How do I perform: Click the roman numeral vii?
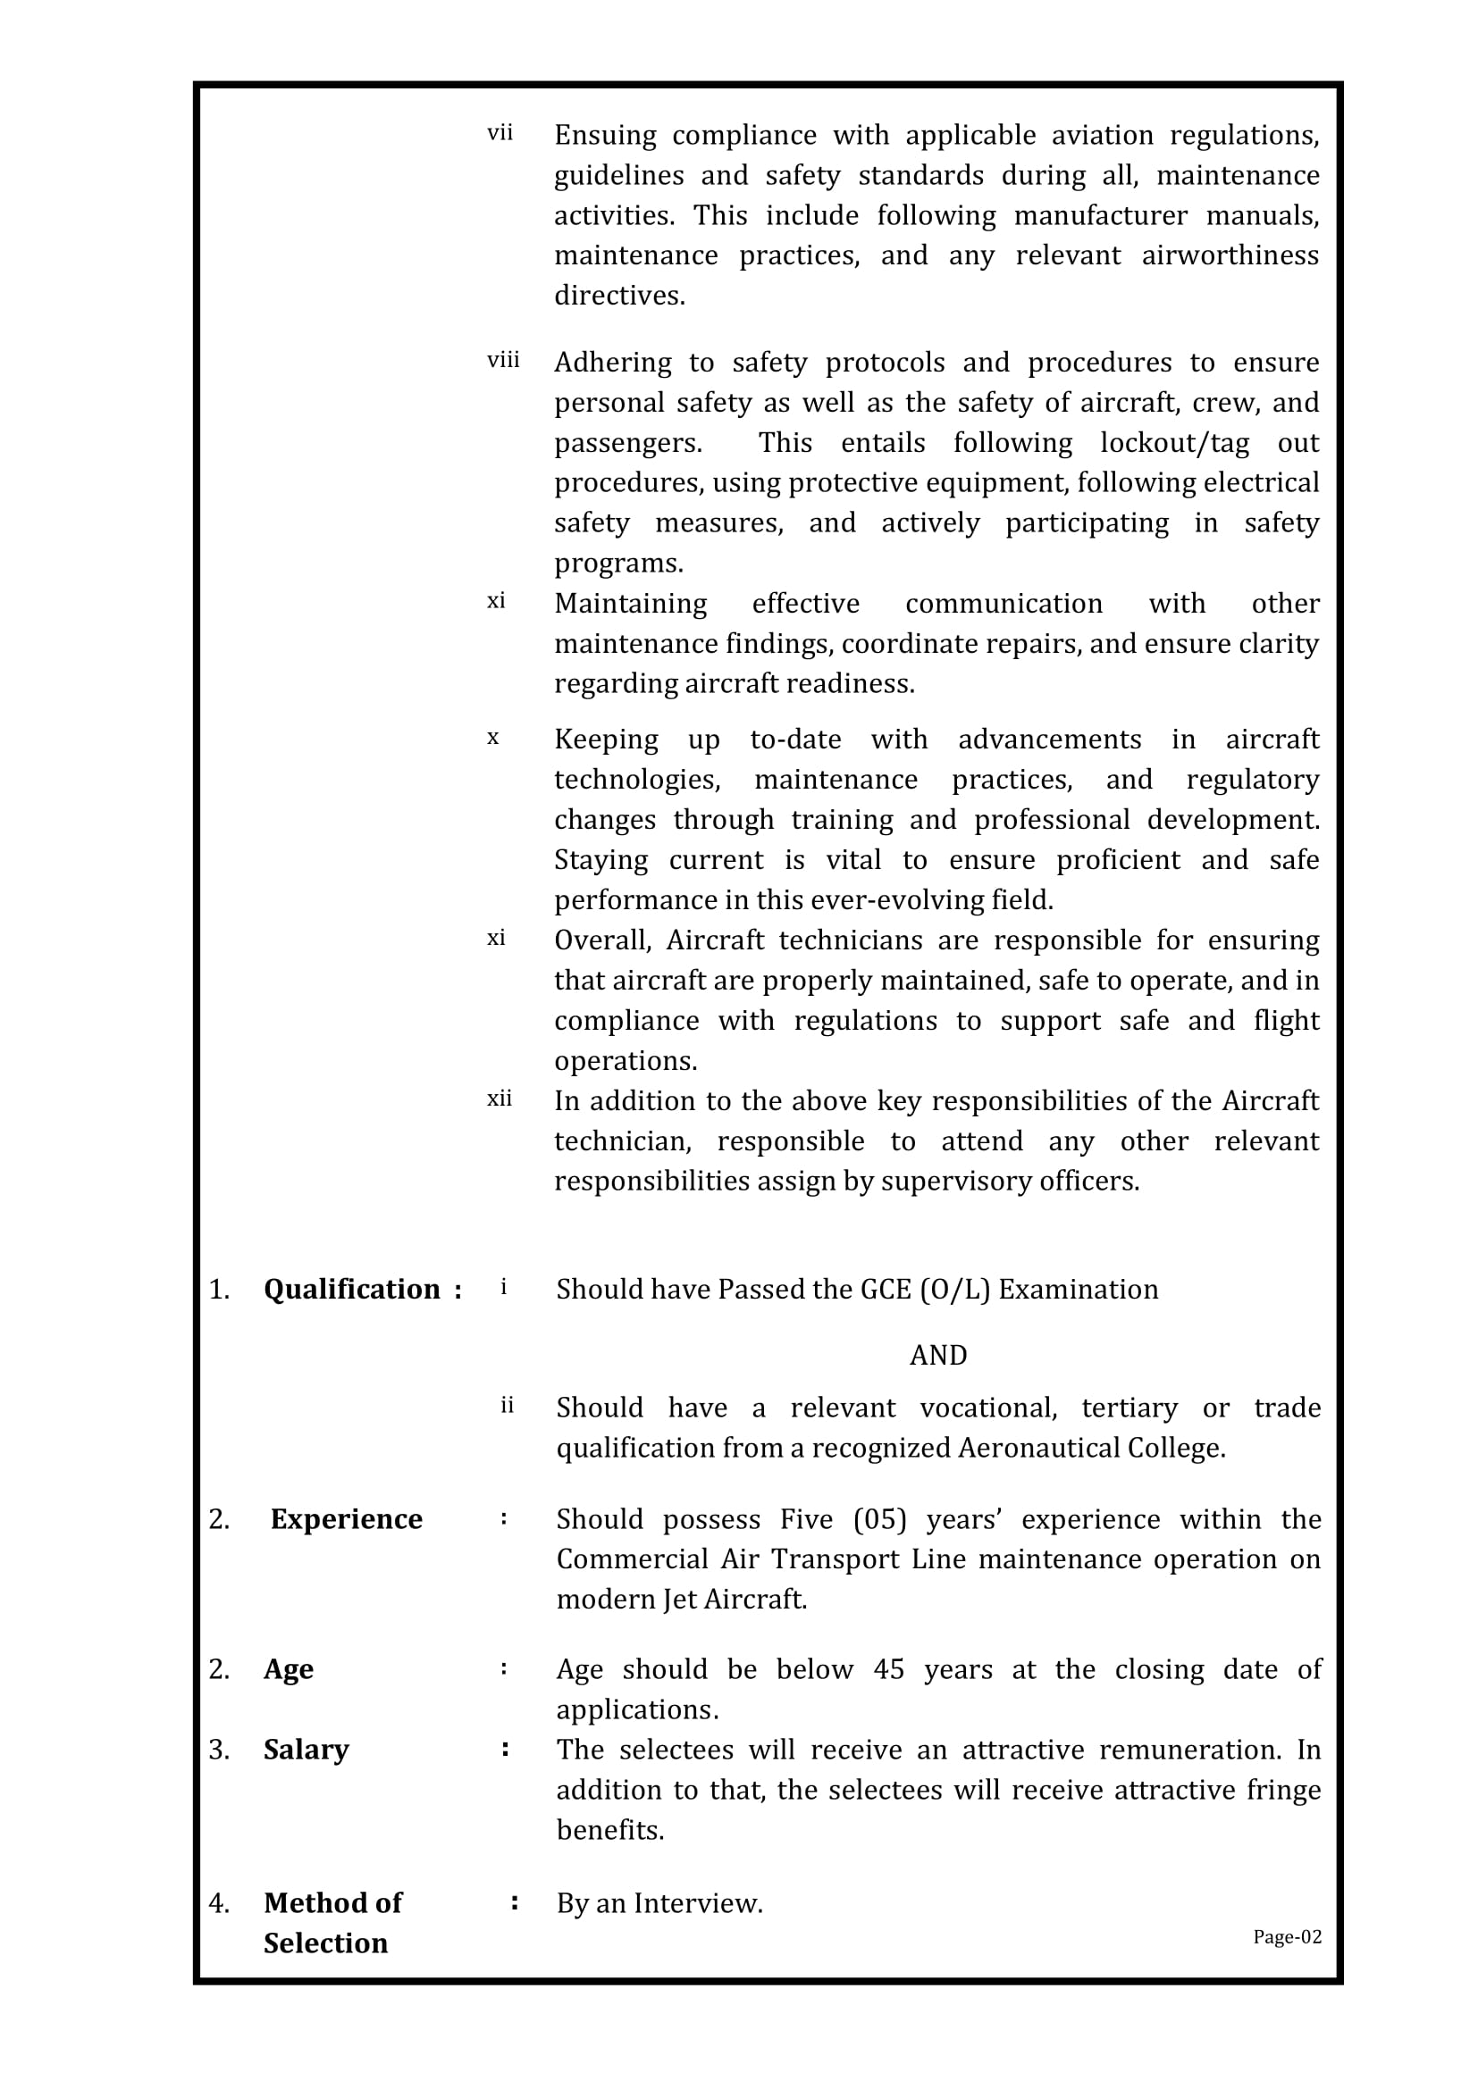pyautogui.click(x=500, y=134)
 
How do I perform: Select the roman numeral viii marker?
pyautogui.click(x=503, y=361)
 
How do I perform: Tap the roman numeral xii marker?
pyautogui.click(x=500, y=1099)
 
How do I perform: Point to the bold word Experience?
pyautogui.click(x=346, y=1518)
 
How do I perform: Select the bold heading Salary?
pyautogui.click(x=306, y=1749)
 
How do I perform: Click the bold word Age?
pyautogui.click(x=289, y=1668)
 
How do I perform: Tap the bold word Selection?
pyautogui.click(x=326, y=1943)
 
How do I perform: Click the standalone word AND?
pyautogui.click(x=937, y=1355)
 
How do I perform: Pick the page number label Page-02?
pyautogui.click(x=1287, y=1936)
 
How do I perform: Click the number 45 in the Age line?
pyautogui.click(x=888, y=1668)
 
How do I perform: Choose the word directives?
pyautogui.click(x=619, y=296)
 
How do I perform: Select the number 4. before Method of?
pyautogui.click(x=219, y=1902)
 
